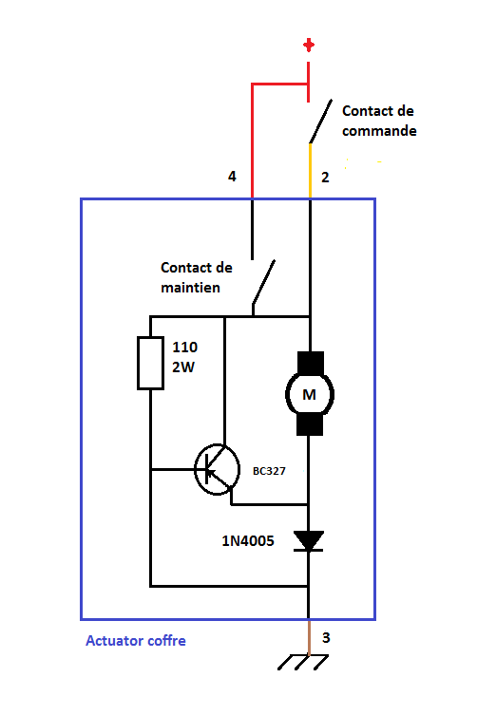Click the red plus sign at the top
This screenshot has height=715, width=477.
coord(309,46)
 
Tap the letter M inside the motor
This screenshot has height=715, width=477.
coord(309,394)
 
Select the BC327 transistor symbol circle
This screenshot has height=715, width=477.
coord(218,469)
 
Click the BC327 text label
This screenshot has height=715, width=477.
coord(269,471)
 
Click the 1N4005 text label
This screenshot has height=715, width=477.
coord(248,541)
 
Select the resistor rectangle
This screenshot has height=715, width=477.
coord(151,363)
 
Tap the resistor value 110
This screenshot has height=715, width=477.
coord(185,347)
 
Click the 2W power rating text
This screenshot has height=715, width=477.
coord(183,367)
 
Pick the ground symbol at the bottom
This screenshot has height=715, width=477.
coord(303,662)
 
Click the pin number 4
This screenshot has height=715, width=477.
coord(232,176)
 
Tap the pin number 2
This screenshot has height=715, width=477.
coord(325,177)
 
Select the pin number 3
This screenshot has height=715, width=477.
coord(326,637)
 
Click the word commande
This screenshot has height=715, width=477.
coord(379,131)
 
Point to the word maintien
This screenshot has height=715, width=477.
coord(190,288)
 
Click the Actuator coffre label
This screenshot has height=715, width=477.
coord(136,641)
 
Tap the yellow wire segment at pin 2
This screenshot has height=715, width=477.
coord(311,171)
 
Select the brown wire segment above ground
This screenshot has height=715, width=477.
coord(309,637)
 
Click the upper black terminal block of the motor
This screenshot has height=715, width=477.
coord(311,363)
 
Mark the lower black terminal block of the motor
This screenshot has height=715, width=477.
coord(310,424)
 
